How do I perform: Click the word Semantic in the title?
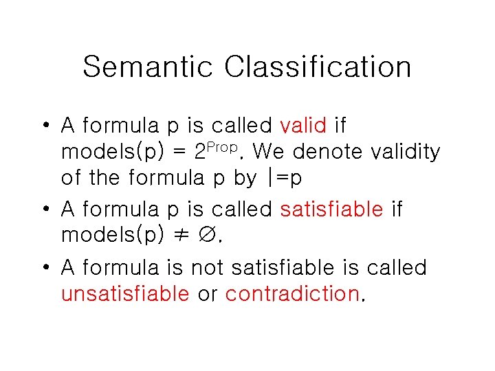pos(148,67)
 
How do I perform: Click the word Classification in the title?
pos(318,67)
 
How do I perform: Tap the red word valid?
pos(304,126)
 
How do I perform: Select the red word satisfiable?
pos(331,209)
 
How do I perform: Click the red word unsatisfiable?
pos(125,294)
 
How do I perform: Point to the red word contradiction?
pos(292,294)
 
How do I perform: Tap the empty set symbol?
pos(208,235)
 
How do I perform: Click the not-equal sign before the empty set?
pos(180,235)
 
